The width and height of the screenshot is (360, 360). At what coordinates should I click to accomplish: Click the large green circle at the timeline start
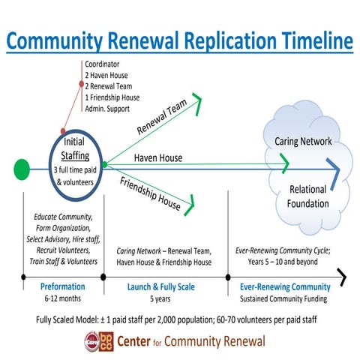pyautogui.click(x=22, y=164)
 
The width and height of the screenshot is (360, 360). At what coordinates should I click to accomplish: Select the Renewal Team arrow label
pyautogui.click(x=162, y=120)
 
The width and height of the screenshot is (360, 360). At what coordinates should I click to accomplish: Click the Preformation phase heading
pyautogui.click(x=61, y=286)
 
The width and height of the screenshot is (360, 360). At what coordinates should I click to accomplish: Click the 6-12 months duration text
pyautogui.click(x=61, y=298)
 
